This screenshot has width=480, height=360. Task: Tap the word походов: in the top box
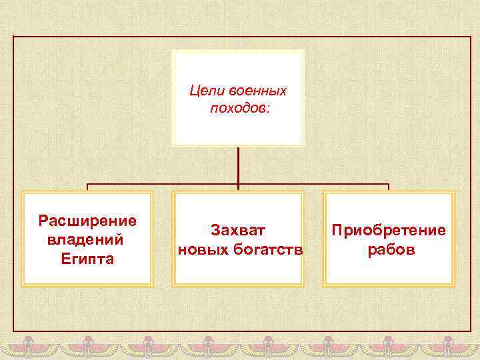click(x=239, y=107)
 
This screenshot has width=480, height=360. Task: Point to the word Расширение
click(x=87, y=220)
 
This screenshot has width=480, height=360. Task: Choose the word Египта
click(x=87, y=258)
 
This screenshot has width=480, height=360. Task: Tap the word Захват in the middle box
click(x=238, y=230)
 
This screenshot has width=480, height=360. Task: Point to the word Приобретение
click(x=389, y=230)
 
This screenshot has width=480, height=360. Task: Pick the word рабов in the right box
click(x=389, y=250)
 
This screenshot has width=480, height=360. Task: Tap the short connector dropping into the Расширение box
click(x=87, y=188)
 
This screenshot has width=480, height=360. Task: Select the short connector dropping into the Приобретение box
click(x=389, y=188)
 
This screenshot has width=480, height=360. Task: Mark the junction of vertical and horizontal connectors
click(x=238, y=184)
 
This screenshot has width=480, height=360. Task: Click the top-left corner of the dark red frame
click(x=13, y=37)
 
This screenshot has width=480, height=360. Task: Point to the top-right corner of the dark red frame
click(x=471, y=37)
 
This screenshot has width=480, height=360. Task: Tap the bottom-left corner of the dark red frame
click(x=13, y=331)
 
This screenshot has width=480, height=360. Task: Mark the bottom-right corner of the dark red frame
click(x=471, y=331)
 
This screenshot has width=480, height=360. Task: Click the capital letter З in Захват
click(x=215, y=230)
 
